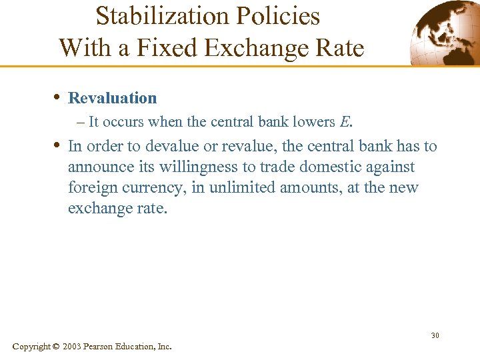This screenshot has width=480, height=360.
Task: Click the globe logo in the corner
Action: coord(443,33)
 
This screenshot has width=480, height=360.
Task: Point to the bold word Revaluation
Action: coord(113,98)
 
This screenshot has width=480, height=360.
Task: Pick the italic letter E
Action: coord(345,122)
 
